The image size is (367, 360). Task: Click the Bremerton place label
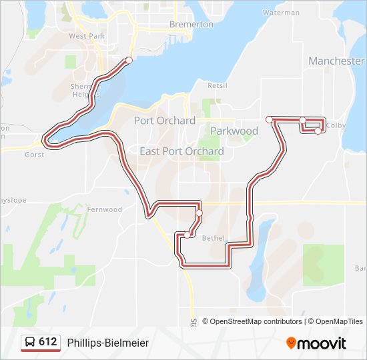[191, 24]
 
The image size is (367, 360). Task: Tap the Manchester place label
[336, 61]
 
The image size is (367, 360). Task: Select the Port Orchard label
[164, 121]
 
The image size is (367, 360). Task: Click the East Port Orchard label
[181, 151]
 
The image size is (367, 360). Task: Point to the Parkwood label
[234, 131]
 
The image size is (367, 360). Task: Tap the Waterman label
[281, 13]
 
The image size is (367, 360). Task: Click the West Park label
[87, 36]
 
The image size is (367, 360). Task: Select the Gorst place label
[34, 155]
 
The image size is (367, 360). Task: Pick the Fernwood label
[105, 209]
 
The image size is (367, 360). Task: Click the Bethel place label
[214, 238]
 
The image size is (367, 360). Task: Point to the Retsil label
[218, 85]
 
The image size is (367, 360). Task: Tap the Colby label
[336, 125]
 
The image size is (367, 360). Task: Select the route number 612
[47, 342]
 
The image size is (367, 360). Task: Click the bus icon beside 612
[30, 343]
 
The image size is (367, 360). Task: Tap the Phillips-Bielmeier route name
[108, 343]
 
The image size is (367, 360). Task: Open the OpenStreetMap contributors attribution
[256, 321]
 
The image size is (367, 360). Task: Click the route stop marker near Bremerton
[129, 61]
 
